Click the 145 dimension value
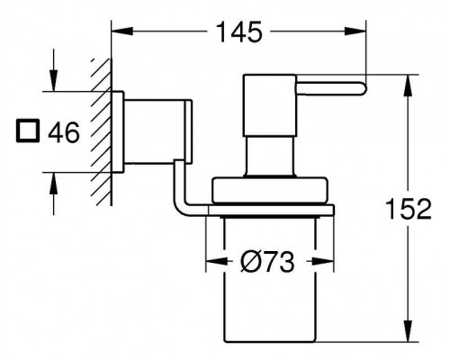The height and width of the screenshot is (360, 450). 239,31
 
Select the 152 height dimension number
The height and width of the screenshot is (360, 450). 409,209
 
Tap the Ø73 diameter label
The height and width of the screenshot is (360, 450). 267,262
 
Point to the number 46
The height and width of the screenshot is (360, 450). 64,132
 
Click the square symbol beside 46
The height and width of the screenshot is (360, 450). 28,130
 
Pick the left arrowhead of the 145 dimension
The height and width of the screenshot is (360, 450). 122,31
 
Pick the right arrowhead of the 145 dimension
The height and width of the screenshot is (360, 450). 355,31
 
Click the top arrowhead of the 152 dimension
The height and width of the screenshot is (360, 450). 409,85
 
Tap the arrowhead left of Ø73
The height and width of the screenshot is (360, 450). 216,262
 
